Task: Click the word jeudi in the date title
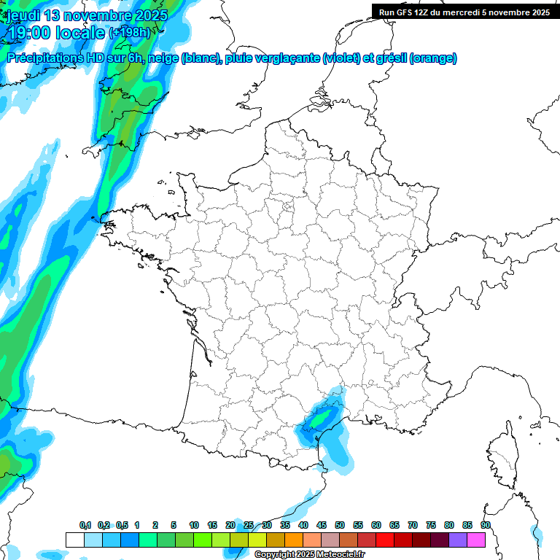[x=23, y=15]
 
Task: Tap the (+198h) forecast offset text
[x=129, y=33]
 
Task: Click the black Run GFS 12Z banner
[x=464, y=12]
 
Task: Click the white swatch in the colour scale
[x=75, y=540]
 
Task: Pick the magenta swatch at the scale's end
[x=476, y=540]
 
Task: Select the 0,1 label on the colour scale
[x=85, y=525]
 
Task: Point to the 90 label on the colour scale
[x=486, y=525]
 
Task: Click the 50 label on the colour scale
[x=340, y=525]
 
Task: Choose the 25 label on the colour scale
[x=249, y=525]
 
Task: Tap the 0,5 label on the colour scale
[x=122, y=525]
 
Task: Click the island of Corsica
[x=502, y=451]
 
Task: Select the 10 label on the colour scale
[x=194, y=525]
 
